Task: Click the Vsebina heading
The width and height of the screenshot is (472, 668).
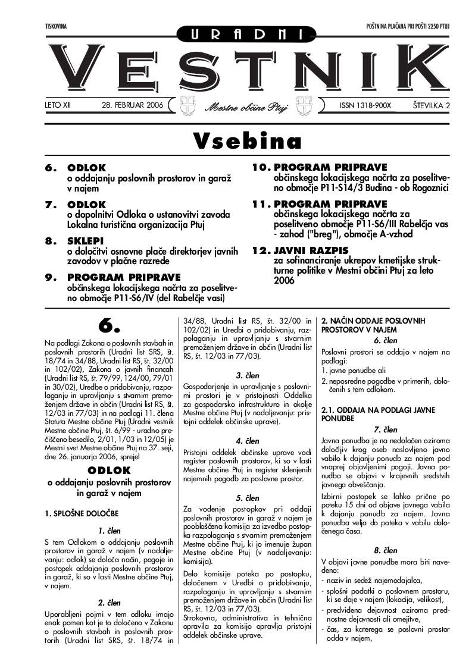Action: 247,141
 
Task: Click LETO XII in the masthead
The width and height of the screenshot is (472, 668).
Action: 58,105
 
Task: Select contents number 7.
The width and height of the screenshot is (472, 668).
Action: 52,205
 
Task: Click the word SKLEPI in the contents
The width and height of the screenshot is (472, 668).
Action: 86,241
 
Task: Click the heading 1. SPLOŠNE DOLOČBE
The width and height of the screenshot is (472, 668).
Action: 82,513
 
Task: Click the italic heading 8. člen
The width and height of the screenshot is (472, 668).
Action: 385,550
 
